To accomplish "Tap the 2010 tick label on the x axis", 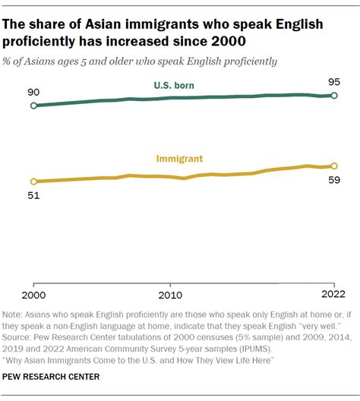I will (170, 295).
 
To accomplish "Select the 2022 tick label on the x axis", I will (333, 295).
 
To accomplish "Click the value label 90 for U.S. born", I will (33, 91).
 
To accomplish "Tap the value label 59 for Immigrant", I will (333, 182).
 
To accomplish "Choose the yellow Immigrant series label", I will (179, 159).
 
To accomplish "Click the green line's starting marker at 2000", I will (33, 106).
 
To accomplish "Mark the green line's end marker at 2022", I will (333, 95).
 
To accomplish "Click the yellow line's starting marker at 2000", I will (33, 182).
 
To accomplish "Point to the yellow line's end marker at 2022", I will (333, 166).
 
